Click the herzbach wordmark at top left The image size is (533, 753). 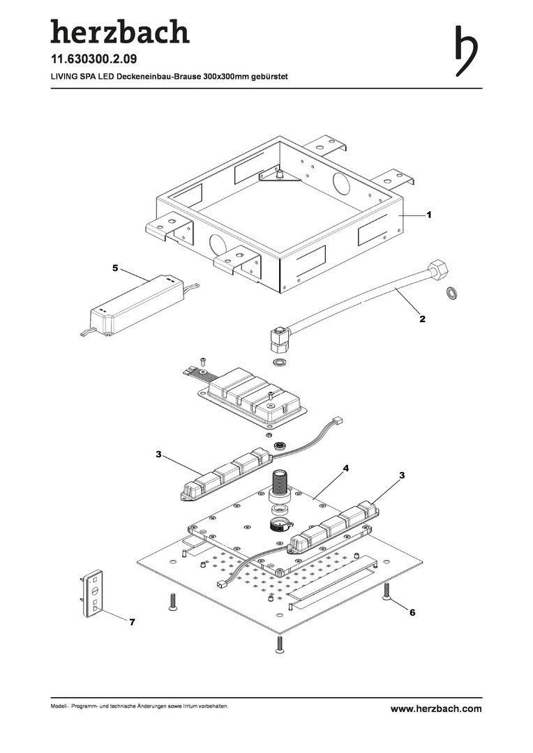(119, 32)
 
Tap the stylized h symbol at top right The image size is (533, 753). (467, 50)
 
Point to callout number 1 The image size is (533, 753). (430, 215)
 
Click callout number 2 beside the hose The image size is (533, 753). (422, 319)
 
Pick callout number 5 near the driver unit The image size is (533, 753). (115, 268)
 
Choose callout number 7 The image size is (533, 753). (131, 622)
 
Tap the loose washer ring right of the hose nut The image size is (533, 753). (451, 291)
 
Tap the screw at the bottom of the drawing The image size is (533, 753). (279, 646)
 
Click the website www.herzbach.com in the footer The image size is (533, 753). (435, 708)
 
